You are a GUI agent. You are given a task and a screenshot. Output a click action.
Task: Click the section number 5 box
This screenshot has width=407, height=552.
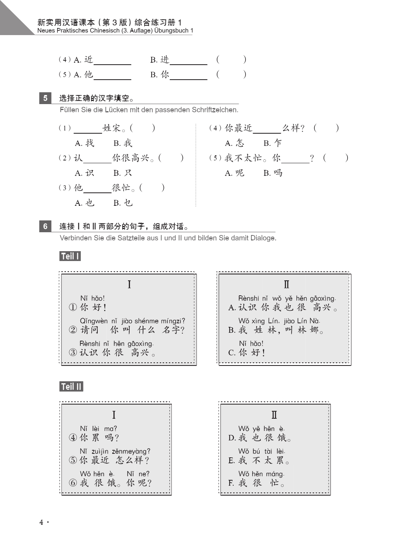click(45, 98)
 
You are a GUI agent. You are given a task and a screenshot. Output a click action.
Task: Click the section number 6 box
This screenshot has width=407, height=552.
click(45, 226)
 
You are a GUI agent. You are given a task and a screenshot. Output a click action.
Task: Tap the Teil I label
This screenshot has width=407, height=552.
click(70, 256)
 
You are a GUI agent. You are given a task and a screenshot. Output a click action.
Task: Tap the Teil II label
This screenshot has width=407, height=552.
click(71, 387)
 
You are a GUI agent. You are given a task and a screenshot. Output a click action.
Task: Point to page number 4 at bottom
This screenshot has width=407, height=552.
click(41, 522)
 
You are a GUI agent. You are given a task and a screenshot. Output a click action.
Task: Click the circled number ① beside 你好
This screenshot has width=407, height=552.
click(73, 307)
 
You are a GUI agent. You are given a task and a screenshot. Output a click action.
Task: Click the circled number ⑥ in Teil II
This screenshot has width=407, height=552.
click(73, 483)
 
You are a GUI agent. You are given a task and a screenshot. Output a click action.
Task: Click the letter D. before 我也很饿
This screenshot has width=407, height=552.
click(232, 438)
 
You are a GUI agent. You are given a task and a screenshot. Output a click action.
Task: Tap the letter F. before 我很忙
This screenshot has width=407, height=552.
click(231, 483)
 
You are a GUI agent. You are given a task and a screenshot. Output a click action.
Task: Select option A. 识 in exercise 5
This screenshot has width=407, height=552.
click(84, 173)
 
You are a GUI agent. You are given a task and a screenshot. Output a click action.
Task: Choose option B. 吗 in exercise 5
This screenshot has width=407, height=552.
click(273, 173)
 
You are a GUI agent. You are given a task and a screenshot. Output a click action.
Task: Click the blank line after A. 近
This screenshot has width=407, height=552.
click(112, 63)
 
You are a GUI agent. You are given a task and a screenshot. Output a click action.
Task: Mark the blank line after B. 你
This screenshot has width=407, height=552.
click(188, 78)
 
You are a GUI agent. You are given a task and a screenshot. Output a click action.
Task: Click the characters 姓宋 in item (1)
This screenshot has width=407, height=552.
click(112, 128)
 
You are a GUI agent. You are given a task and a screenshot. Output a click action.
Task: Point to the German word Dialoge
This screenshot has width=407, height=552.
click(263, 238)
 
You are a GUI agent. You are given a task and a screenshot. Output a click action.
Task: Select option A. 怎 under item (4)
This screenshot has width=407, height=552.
click(234, 143)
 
